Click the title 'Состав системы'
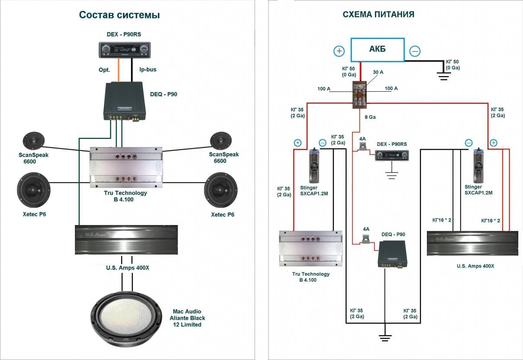(x=119, y=15)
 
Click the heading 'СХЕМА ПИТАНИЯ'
(x=378, y=15)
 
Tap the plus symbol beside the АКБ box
(x=339, y=51)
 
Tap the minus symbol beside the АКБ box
(x=415, y=51)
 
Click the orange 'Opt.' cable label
(x=104, y=69)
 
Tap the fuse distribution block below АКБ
(x=360, y=93)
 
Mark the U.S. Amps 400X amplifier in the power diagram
(x=472, y=243)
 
